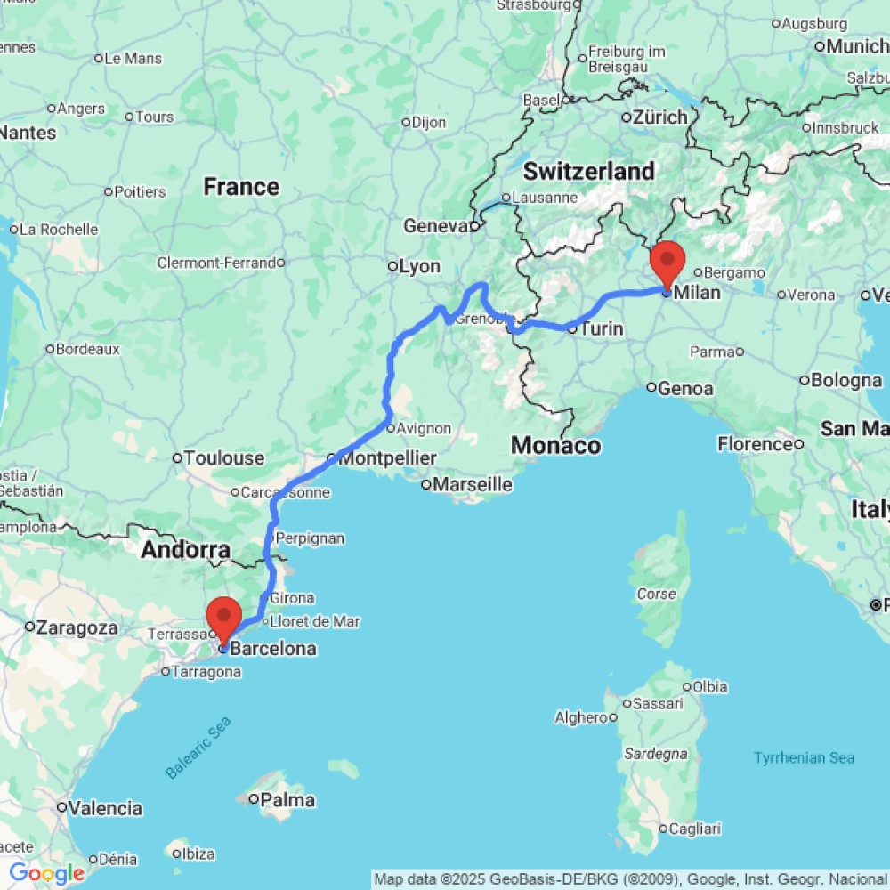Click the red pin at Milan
point(667,262)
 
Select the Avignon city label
point(424,428)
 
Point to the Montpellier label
point(388,458)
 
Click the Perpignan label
point(310,538)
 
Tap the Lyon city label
point(419,266)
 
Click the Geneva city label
point(435,226)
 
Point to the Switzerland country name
point(588,171)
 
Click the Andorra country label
point(186,551)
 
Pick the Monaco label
point(556,445)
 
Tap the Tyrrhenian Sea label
point(804,758)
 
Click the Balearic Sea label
point(198,748)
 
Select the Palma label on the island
point(287,800)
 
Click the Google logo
point(46,874)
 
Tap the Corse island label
point(657,594)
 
